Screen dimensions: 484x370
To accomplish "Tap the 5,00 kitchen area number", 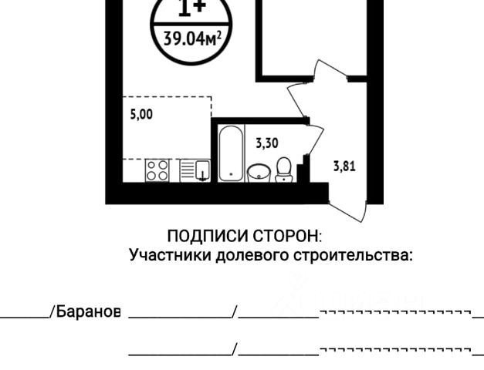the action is pyautogui.click(x=141, y=114).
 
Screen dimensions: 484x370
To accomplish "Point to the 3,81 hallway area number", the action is pyautogui.click(x=344, y=164).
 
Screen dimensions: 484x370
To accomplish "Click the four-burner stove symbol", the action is pyautogui.click(x=158, y=170).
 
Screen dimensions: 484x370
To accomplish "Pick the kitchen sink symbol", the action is pyautogui.click(x=200, y=170).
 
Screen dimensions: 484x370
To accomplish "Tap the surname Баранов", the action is pyautogui.click(x=87, y=311).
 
